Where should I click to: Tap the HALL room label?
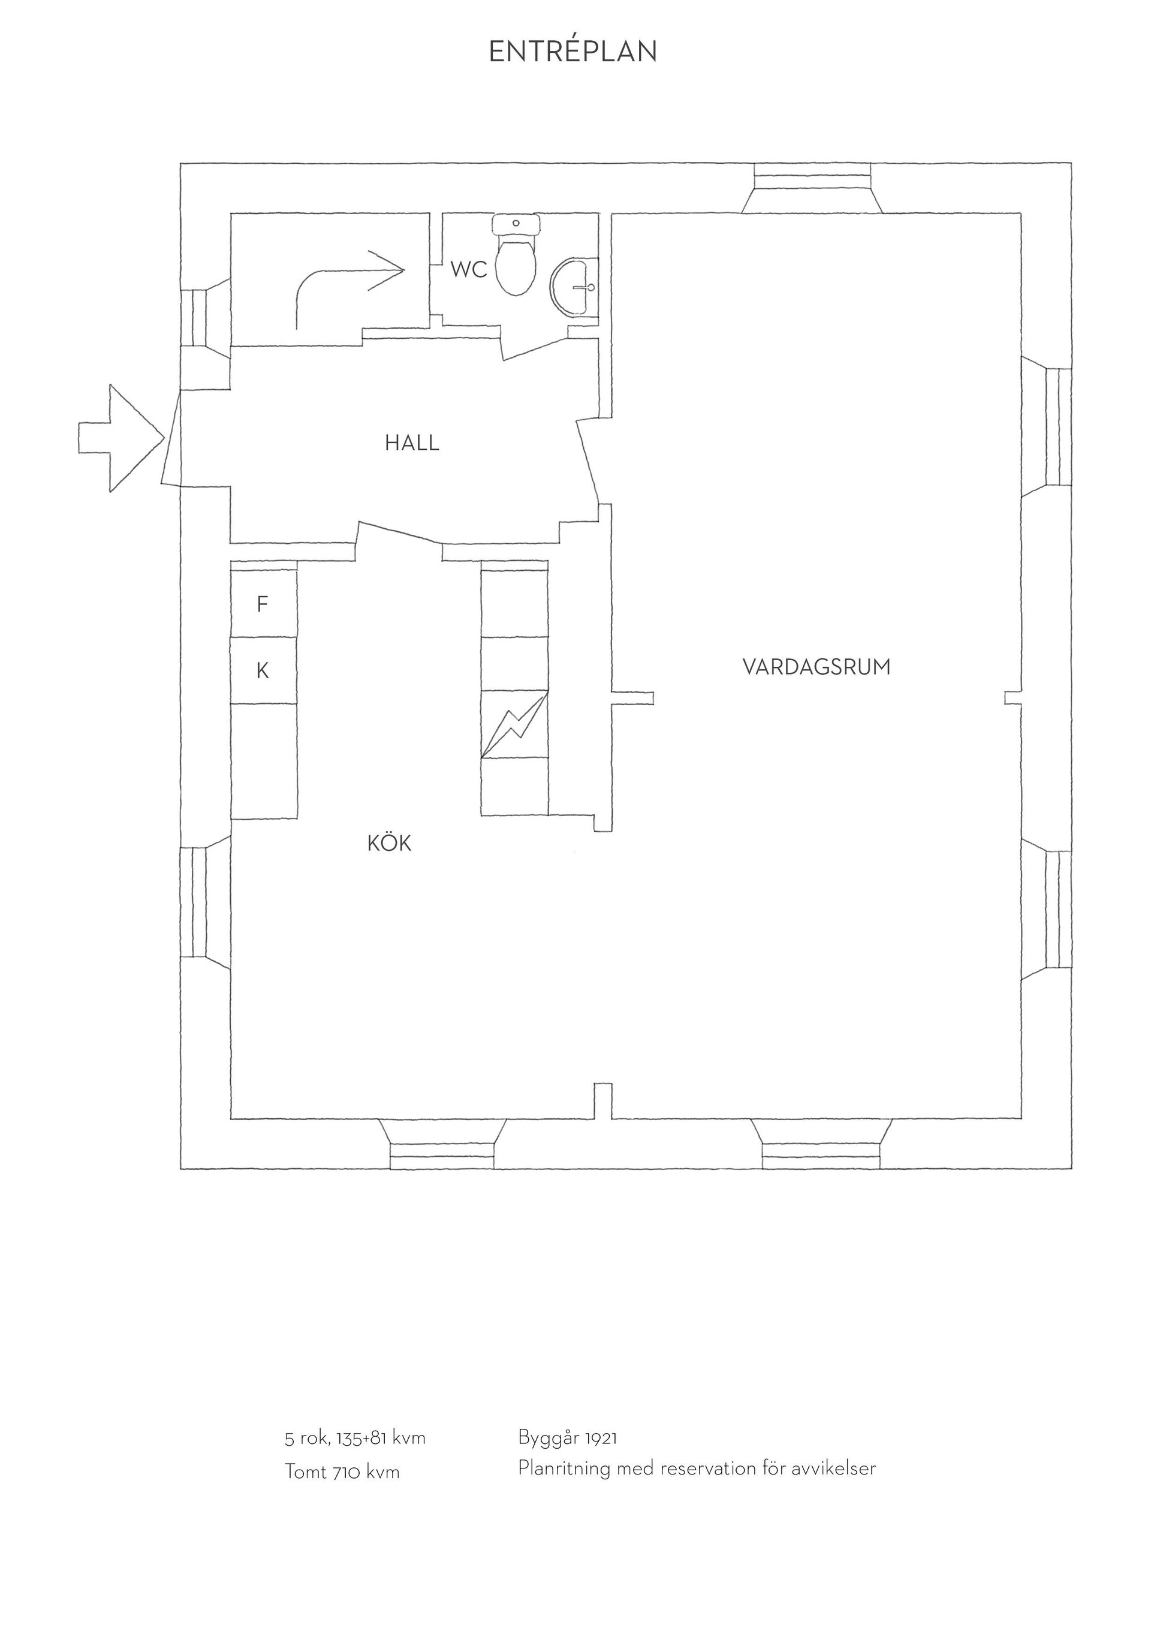pos(412,443)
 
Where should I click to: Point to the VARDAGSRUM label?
pos(816,667)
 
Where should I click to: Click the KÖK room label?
pos(389,843)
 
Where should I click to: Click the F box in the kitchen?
pos(264,603)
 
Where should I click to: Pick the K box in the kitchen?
pos(264,670)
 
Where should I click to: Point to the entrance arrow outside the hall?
pos(121,438)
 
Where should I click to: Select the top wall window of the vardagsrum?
pos(812,188)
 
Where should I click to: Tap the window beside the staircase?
pos(206,317)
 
